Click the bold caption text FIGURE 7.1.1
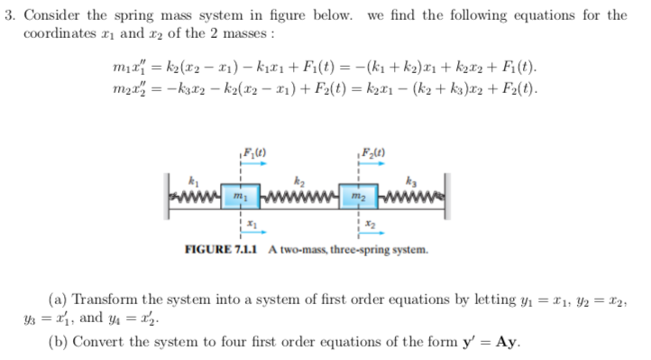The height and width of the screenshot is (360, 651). pyautogui.click(x=222, y=248)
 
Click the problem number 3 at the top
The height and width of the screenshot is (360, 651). pyautogui.click(x=12, y=14)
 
